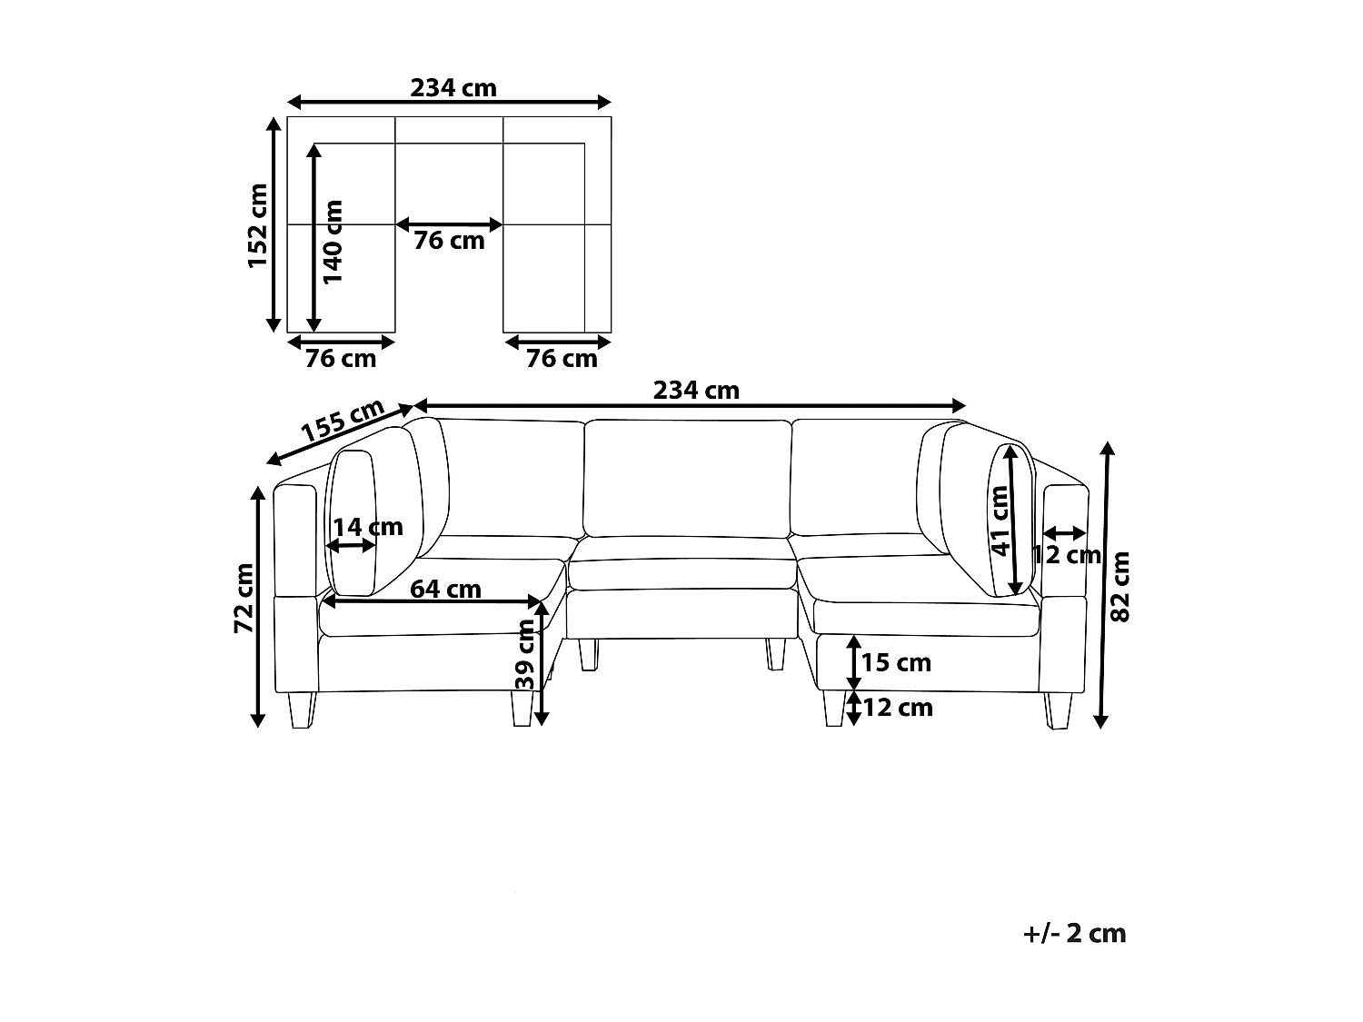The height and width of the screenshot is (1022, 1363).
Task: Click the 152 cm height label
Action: coord(257,226)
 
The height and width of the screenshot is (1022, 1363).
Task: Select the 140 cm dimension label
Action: coord(333,242)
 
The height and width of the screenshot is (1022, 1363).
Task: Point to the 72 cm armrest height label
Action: coord(244,598)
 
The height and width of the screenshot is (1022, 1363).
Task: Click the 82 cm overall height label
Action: coord(1119,587)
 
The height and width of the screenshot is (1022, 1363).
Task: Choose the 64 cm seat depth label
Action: coord(445,589)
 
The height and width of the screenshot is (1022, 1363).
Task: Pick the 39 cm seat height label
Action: coord(525,654)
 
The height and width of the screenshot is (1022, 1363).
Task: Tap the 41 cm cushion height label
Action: coord(1000,521)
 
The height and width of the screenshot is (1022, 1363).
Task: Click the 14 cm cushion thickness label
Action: coord(368,527)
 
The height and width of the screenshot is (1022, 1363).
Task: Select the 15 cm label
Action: coord(896,663)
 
